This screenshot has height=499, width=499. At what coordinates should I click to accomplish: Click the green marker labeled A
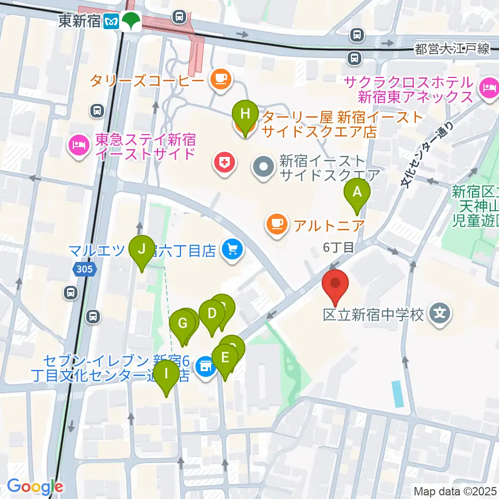[357, 192]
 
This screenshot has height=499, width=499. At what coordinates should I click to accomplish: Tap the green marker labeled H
[246, 113]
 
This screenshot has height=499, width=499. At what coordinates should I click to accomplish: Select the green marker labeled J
[141, 249]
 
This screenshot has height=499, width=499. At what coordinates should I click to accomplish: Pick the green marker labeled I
[166, 374]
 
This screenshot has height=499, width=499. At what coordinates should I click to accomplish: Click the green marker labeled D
[212, 313]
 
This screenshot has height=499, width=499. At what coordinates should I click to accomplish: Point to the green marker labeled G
[182, 324]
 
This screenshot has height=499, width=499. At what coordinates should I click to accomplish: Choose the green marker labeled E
[225, 358]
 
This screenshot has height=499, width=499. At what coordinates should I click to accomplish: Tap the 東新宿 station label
[79, 21]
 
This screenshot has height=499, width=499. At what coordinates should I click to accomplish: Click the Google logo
[35, 487]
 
